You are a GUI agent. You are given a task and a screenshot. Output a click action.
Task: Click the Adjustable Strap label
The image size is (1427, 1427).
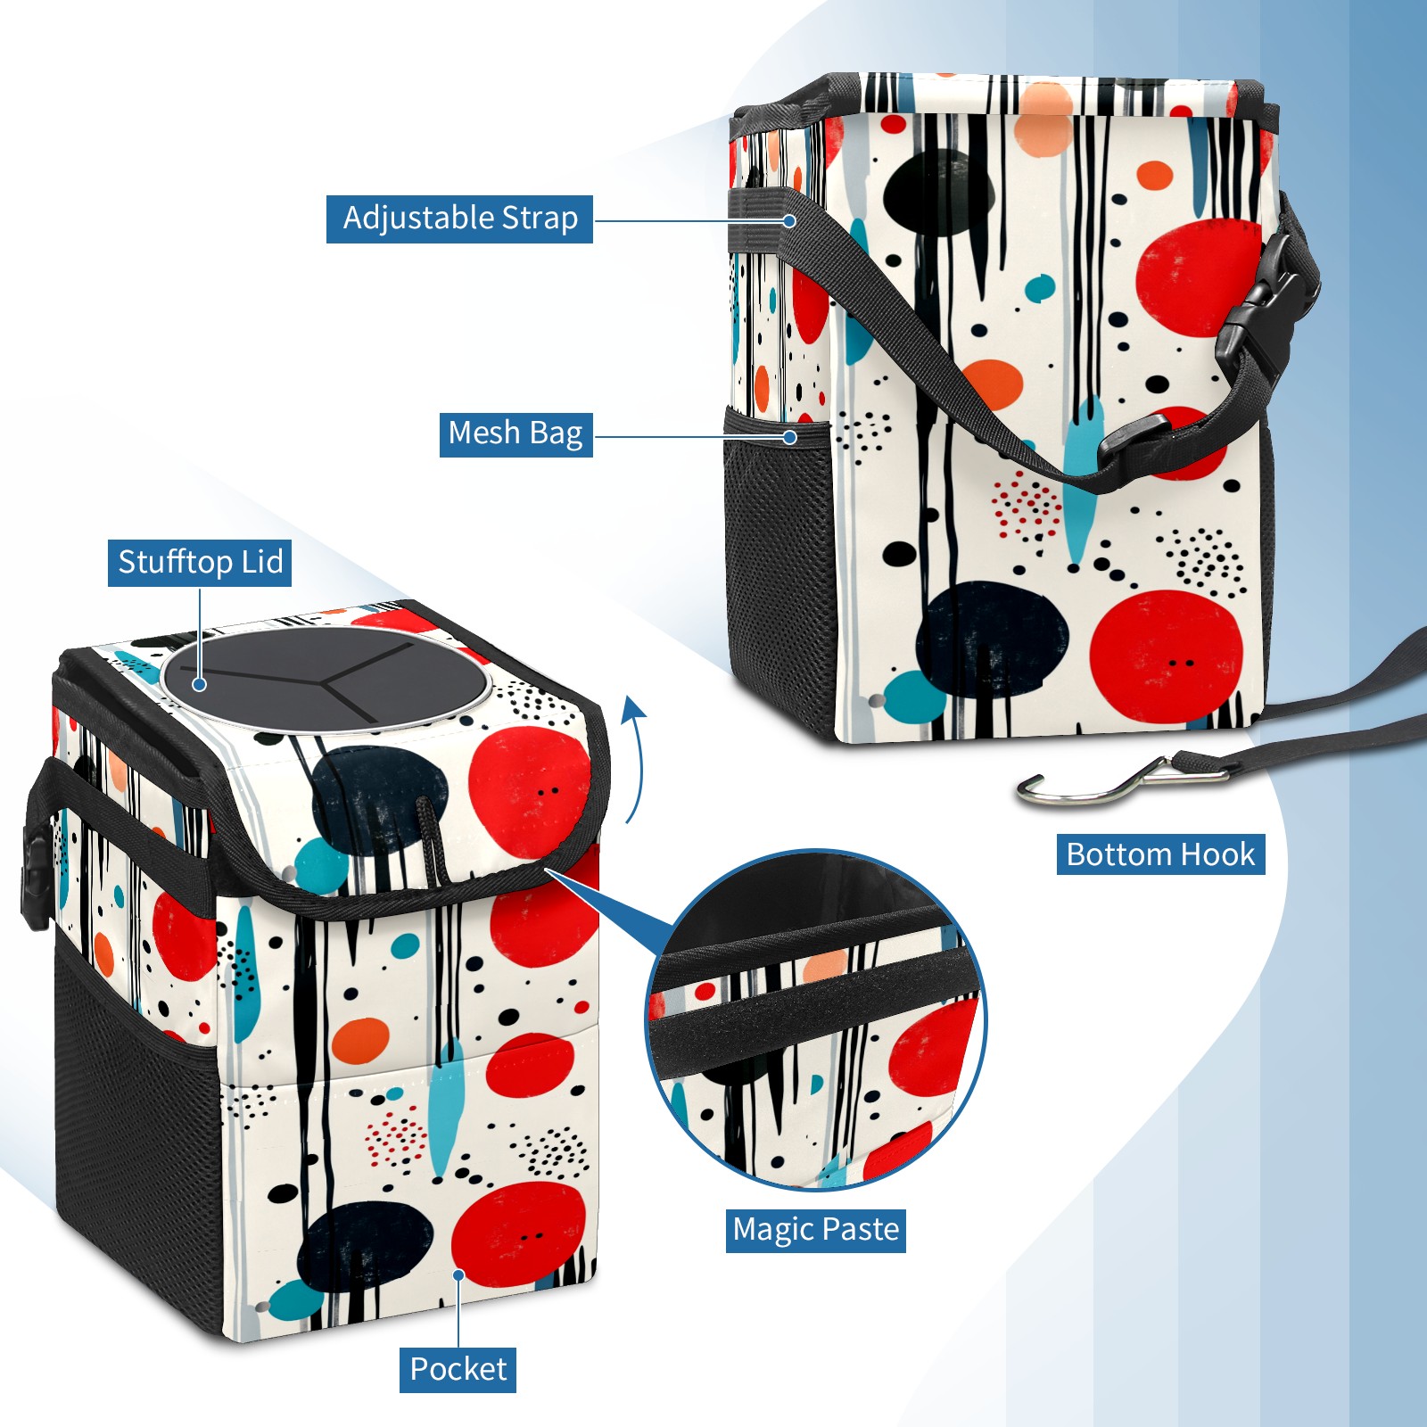[x=459, y=219]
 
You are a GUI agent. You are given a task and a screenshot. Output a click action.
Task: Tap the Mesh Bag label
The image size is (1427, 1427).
[x=516, y=433]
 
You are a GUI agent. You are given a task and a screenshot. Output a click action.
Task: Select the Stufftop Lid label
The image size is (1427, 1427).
[x=200, y=563]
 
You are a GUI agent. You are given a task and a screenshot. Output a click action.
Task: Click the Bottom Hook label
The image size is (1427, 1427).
[x=1160, y=854]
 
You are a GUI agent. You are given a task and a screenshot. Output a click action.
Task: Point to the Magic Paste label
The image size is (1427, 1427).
[x=815, y=1230]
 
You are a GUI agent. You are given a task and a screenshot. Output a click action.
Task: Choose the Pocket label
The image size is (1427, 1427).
[x=458, y=1369]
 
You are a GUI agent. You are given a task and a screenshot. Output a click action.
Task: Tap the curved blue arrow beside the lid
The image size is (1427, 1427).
[x=634, y=758]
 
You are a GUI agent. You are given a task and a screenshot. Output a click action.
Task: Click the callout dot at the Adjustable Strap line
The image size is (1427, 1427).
[x=789, y=220]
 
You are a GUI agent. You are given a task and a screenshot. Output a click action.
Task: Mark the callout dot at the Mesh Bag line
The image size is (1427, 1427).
[x=789, y=437]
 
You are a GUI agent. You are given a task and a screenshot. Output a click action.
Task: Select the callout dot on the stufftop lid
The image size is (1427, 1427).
[x=200, y=684]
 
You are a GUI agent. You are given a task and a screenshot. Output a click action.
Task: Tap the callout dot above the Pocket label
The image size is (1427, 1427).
[x=458, y=1275]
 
